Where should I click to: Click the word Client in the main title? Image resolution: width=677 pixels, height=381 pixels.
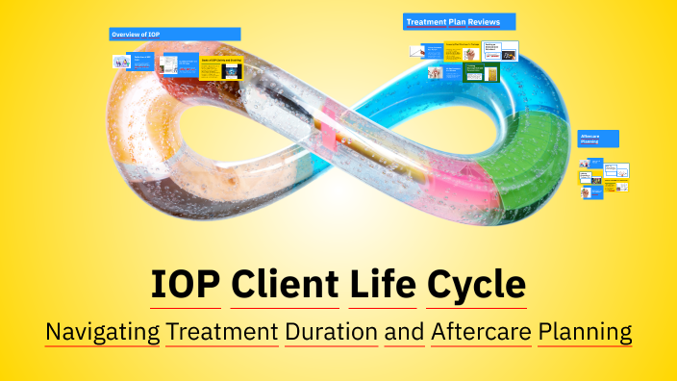[x=283, y=286]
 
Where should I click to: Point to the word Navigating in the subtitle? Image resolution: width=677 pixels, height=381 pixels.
[x=102, y=332]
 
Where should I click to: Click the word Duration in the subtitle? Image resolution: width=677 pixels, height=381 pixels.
[x=331, y=332]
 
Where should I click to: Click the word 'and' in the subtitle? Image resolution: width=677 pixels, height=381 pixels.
[x=404, y=332]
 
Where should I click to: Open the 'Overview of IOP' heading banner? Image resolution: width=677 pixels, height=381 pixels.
[x=174, y=35]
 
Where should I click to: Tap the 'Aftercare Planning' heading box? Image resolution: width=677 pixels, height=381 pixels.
[x=598, y=139]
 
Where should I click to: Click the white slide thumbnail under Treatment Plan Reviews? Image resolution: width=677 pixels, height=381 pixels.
[x=499, y=50]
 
